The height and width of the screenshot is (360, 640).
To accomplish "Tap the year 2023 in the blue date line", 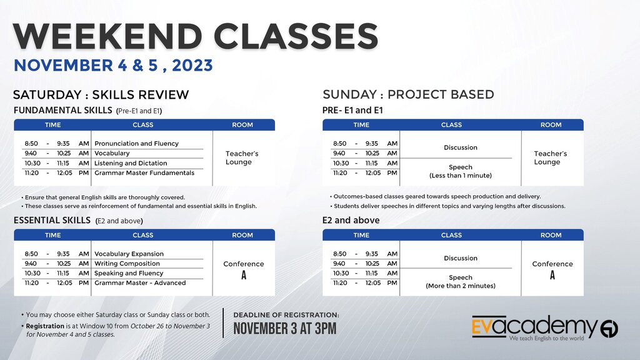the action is coord(192,65).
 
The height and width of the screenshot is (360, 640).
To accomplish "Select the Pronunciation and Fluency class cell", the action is coord(136,144).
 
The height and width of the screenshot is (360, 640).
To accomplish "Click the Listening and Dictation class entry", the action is coord(131,163).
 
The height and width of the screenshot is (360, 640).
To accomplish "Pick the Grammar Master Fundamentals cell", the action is coord(144,173).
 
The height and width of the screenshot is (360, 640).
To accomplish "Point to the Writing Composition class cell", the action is coord(127,264).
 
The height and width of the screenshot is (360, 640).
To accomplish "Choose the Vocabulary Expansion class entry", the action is coord(129,254).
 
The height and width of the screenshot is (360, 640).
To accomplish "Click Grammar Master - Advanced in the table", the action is coord(140,283).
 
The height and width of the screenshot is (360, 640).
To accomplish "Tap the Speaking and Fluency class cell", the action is coord(129,274).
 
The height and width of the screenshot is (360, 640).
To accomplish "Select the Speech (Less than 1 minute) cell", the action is coord(461,171).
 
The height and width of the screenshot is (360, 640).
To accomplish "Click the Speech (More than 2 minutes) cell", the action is coord(461,282).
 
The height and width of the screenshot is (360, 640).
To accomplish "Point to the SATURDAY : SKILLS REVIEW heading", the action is coord(101,95).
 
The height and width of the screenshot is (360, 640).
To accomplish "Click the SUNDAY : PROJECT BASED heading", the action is coord(408,94).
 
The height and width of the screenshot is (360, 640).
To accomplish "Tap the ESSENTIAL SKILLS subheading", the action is coord(52,221).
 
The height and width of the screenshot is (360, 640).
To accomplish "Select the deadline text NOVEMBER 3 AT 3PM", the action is coord(285,329).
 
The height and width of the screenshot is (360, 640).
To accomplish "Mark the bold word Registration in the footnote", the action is coord(45,326).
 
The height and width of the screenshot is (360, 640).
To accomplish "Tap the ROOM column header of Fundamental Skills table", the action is coord(242,125).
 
